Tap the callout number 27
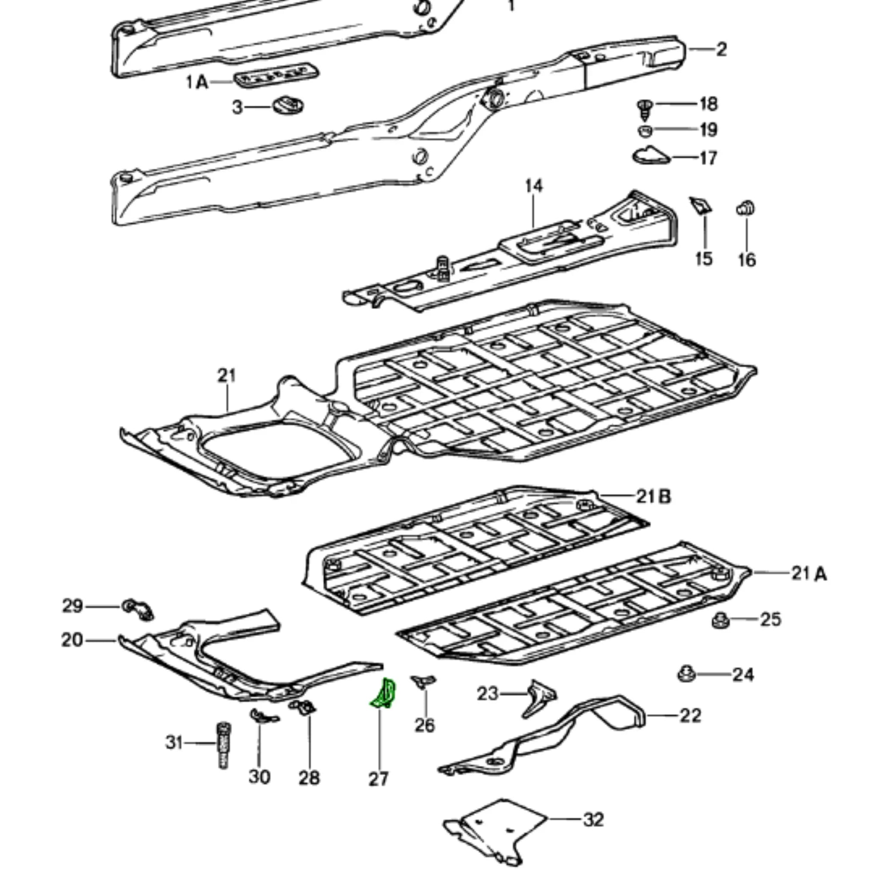pos(379,779)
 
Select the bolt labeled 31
pos(223,745)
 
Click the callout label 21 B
pos(654,496)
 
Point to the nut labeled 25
pos(720,621)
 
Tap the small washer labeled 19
pos(645,131)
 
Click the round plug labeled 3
pos(288,106)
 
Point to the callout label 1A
pos(197,83)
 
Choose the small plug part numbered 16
pos(745,208)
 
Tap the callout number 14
pos(534,186)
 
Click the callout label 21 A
pos(809,573)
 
